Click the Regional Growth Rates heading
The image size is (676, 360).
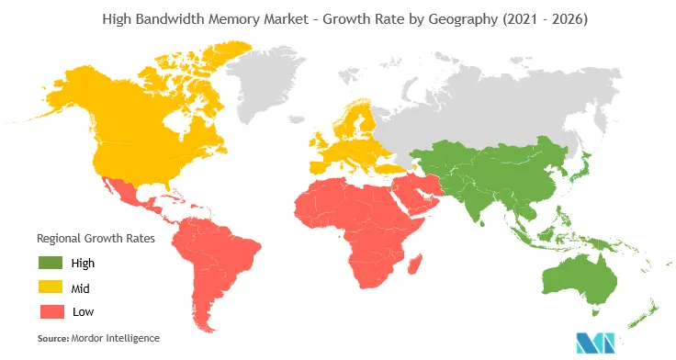point(95,237)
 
